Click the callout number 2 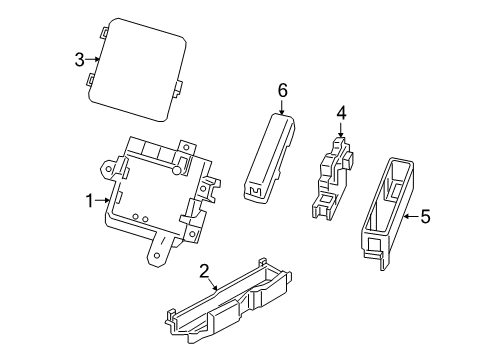pos(204,270)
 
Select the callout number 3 pos(79,60)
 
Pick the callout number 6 pos(282,91)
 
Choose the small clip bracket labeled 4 pos(330,175)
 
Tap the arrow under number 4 pos(341,132)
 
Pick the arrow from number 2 pos(215,284)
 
